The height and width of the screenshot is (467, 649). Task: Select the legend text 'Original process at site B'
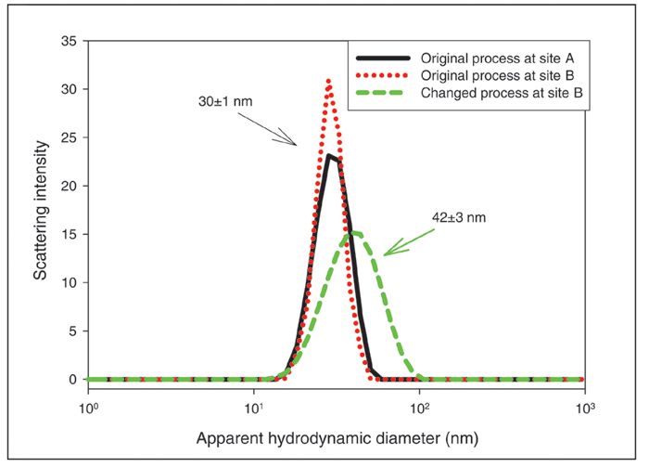pyautogui.click(x=492, y=73)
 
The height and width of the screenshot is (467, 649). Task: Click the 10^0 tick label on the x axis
pyautogui.click(x=88, y=408)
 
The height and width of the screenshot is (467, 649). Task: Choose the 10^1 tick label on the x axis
pyautogui.click(x=253, y=408)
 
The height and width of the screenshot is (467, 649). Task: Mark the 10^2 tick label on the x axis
pyautogui.click(x=419, y=408)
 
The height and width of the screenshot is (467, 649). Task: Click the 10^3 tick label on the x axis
pyautogui.click(x=584, y=408)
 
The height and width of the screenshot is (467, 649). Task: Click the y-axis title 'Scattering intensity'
pyautogui.click(x=38, y=210)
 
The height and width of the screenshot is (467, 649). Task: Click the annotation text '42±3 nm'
pyautogui.click(x=458, y=218)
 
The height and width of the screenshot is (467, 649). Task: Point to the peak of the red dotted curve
pyautogui.click(x=328, y=81)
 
